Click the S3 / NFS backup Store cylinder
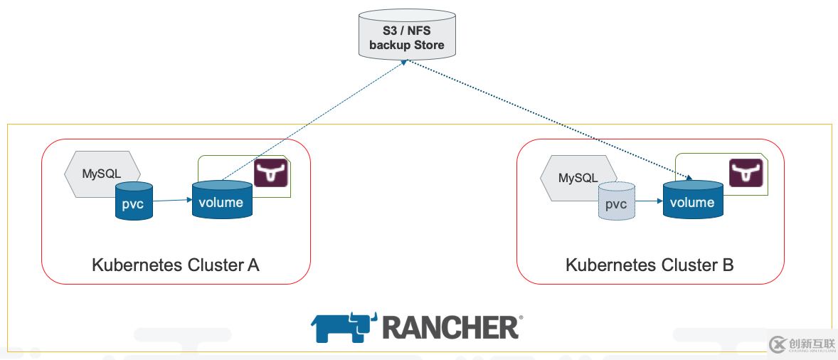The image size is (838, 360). (x=406, y=34)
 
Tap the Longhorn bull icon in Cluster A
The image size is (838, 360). (x=271, y=174)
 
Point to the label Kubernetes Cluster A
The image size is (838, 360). (x=176, y=265)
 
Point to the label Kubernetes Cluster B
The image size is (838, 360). (x=649, y=265)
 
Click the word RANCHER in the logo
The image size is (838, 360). (x=450, y=327)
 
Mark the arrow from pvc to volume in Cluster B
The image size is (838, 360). (x=648, y=201)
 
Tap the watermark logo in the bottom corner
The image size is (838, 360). (x=802, y=344)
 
